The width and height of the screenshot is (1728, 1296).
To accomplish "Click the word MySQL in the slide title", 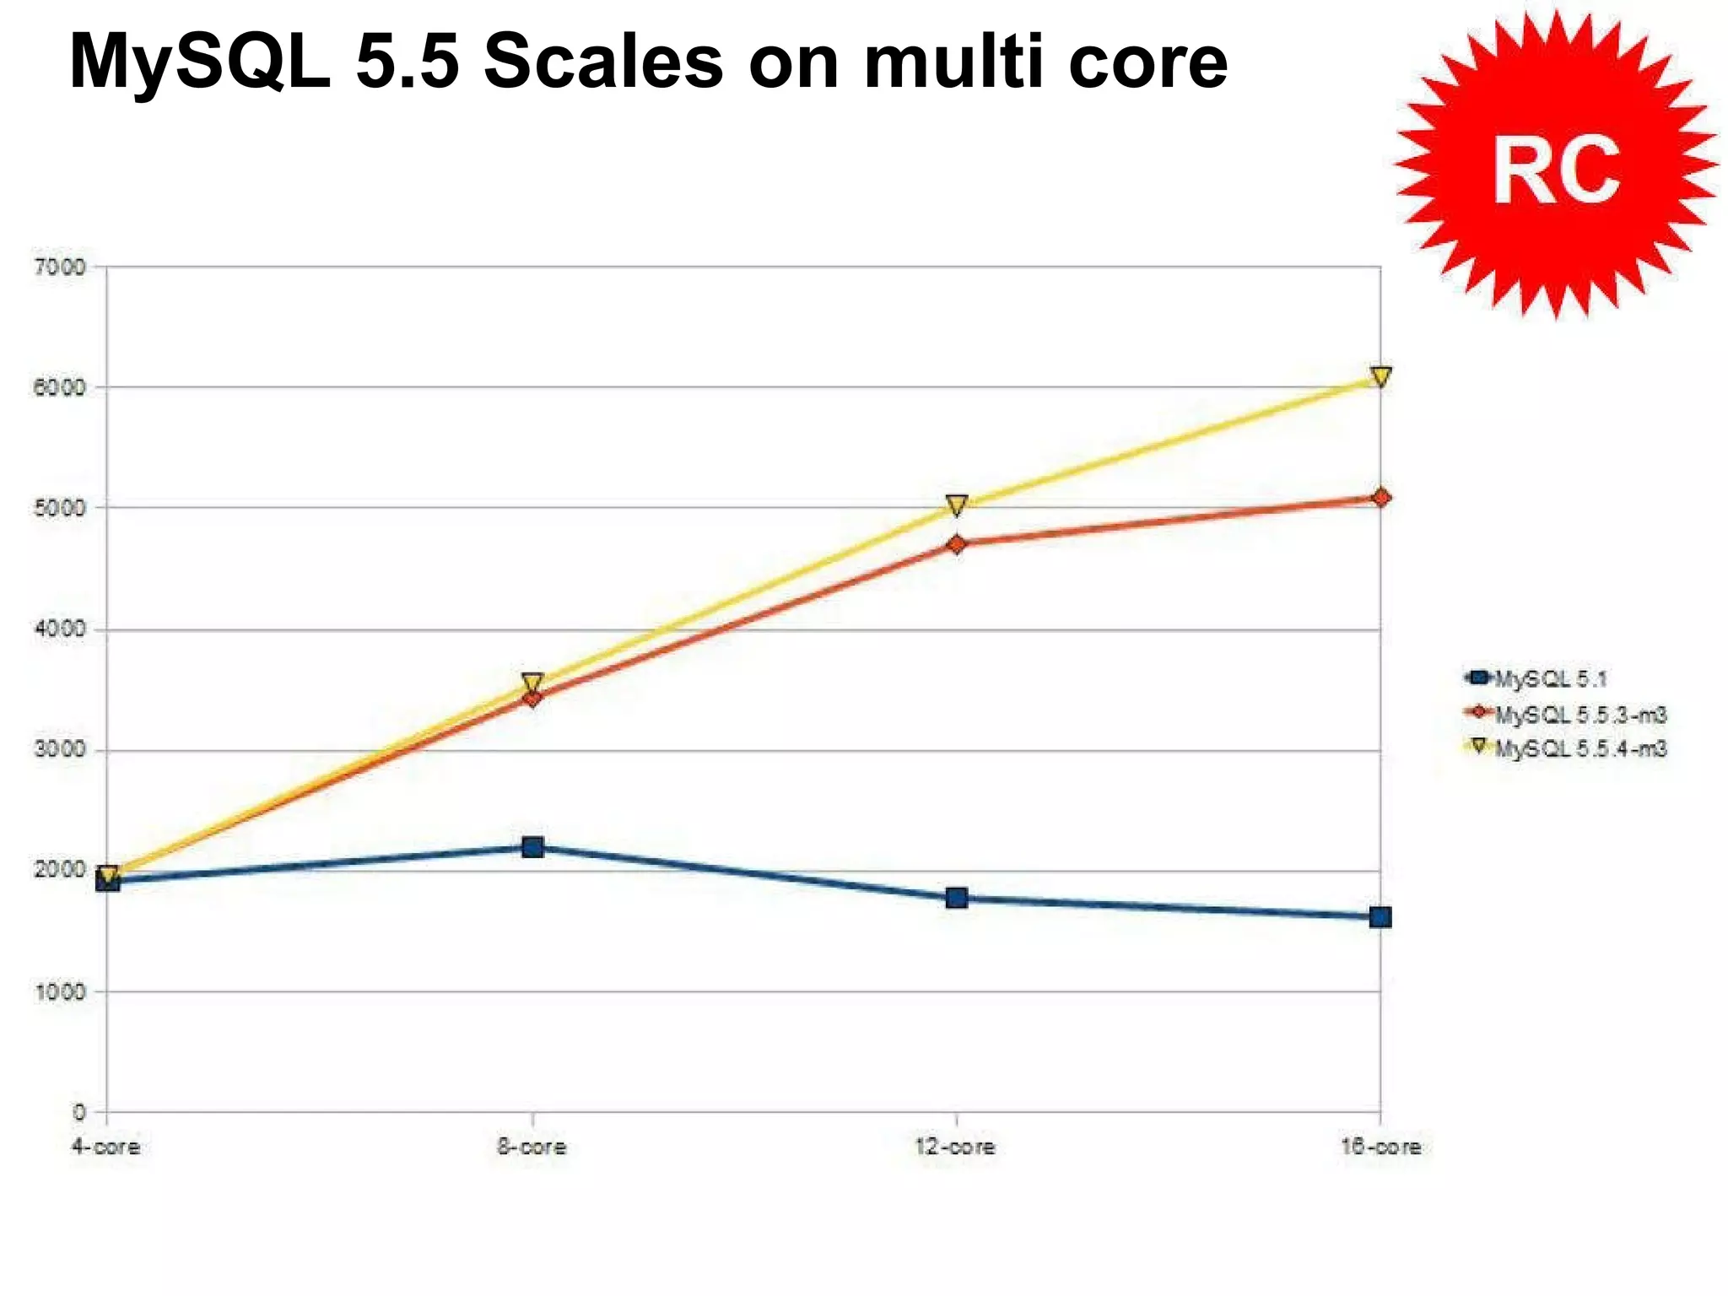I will tap(199, 62).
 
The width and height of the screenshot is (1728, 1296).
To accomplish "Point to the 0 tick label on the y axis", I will tap(78, 1112).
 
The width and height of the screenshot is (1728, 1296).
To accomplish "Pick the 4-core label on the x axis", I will tap(105, 1147).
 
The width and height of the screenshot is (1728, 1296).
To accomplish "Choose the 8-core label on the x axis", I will tap(532, 1147).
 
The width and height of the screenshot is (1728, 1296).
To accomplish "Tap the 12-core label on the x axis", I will tap(955, 1147).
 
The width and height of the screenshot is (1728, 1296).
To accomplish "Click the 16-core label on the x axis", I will tap(1380, 1147).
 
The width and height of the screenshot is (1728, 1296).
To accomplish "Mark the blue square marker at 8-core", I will tap(532, 846).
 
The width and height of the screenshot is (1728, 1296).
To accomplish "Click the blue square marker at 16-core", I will tap(1380, 917).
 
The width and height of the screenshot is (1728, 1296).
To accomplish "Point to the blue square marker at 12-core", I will tap(956, 898).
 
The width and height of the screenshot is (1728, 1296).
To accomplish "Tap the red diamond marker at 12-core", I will tap(956, 544).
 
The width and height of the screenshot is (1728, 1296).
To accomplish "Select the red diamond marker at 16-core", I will tap(1380, 498).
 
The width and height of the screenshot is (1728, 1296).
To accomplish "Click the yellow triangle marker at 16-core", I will tap(1380, 376).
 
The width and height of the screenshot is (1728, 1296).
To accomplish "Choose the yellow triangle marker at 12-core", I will tap(956, 505).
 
